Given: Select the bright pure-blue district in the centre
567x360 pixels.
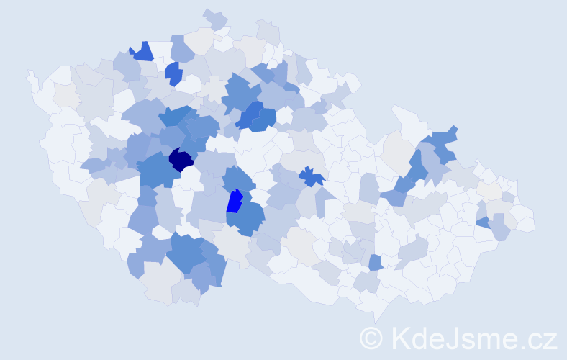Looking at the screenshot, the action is coord(235,201).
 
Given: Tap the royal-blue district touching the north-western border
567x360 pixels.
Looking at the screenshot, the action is coord(142,52).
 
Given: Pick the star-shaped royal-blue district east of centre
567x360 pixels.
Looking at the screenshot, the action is coord(311,176).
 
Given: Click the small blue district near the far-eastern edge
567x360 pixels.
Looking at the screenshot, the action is coord(484,222).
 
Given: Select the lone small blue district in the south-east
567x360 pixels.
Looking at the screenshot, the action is coord(375,262).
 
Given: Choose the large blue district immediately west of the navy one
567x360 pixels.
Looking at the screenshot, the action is coord(155,170).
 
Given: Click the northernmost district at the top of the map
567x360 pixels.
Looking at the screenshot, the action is coord(214,17).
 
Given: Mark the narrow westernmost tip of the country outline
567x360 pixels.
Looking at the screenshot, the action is coord(30,74).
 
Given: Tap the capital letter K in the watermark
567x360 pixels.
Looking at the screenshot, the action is coord(401,338).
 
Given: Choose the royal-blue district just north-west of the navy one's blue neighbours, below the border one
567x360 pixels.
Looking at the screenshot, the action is coord(173,73).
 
